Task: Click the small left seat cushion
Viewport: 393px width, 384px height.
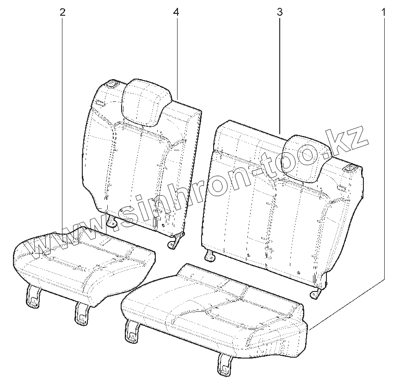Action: (83, 264)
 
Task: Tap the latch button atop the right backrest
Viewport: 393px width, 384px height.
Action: (350, 168)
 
